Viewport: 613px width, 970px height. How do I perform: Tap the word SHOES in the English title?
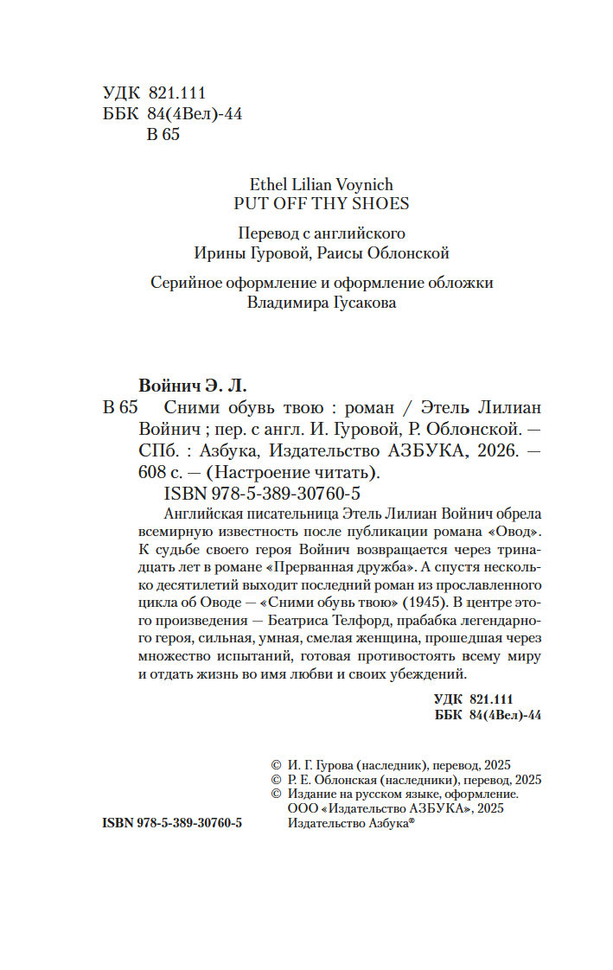coord(380,204)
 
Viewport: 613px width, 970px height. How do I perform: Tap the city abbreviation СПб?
coord(159,450)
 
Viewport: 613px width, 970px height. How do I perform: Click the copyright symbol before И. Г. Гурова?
coord(277,765)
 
